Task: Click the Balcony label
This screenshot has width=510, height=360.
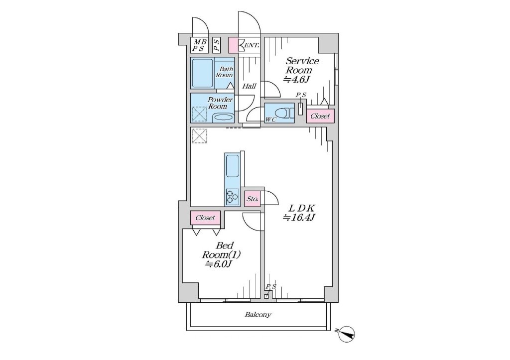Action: pyautogui.click(x=257, y=315)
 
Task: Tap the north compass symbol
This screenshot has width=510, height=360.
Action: pyautogui.click(x=347, y=334)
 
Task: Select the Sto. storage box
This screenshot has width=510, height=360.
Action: pyautogui.click(x=253, y=198)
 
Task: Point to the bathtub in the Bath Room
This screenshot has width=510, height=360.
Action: pyautogui.click(x=202, y=73)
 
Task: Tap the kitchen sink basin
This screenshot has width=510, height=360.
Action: pyautogui.click(x=232, y=166)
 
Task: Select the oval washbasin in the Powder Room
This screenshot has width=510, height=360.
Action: pyautogui.click(x=223, y=118)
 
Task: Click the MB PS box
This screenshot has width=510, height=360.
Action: pyautogui.click(x=198, y=45)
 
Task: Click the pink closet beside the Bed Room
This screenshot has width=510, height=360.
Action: pyautogui.click(x=205, y=218)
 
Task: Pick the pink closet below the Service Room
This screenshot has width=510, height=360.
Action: pyautogui.click(x=320, y=116)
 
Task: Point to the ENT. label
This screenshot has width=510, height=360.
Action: pyautogui.click(x=252, y=45)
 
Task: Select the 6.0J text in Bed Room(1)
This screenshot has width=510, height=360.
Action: pyautogui.click(x=218, y=264)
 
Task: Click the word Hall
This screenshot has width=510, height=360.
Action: pyautogui.click(x=250, y=86)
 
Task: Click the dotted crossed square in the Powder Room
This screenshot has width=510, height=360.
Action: pyautogui.click(x=199, y=115)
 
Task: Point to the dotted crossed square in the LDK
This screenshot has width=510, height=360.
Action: pyautogui.click(x=199, y=136)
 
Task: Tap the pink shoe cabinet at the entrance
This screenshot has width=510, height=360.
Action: pyautogui.click(x=234, y=45)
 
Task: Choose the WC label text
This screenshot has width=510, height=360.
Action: pyautogui.click(x=270, y=120)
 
